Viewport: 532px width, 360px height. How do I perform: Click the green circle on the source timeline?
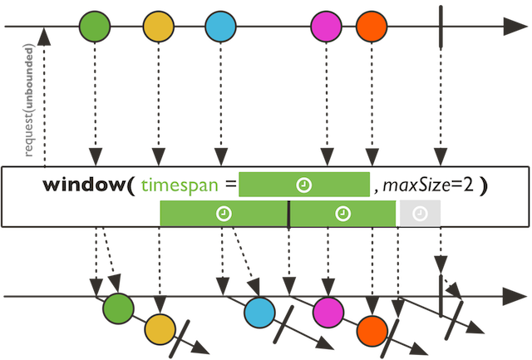coord(94,27)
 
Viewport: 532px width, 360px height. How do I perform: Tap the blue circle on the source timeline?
coord(220,27)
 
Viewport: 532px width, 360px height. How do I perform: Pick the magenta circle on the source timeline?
coord(326,27)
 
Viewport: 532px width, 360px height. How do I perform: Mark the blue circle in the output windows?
coord(260,312)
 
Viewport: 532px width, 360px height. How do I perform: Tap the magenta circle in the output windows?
coord(328,310)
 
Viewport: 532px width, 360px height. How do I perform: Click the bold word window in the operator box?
coord(85,185)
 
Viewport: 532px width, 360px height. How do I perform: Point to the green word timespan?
coord(177,185)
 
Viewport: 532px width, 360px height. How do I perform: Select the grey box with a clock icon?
coord(420,214)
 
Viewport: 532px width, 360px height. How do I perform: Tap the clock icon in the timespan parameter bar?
coord(304,185)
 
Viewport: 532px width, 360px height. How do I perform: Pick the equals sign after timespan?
coord(228,185)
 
